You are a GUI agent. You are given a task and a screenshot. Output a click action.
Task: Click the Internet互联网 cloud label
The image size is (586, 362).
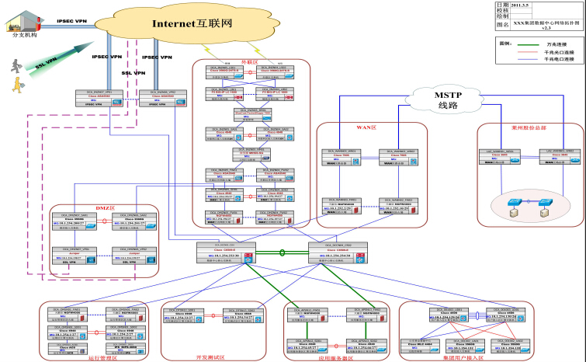(192, 24)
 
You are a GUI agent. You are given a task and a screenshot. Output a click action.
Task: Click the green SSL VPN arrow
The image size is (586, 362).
(45, 64)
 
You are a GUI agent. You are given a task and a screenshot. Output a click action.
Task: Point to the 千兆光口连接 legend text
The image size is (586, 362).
(560, 52)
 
